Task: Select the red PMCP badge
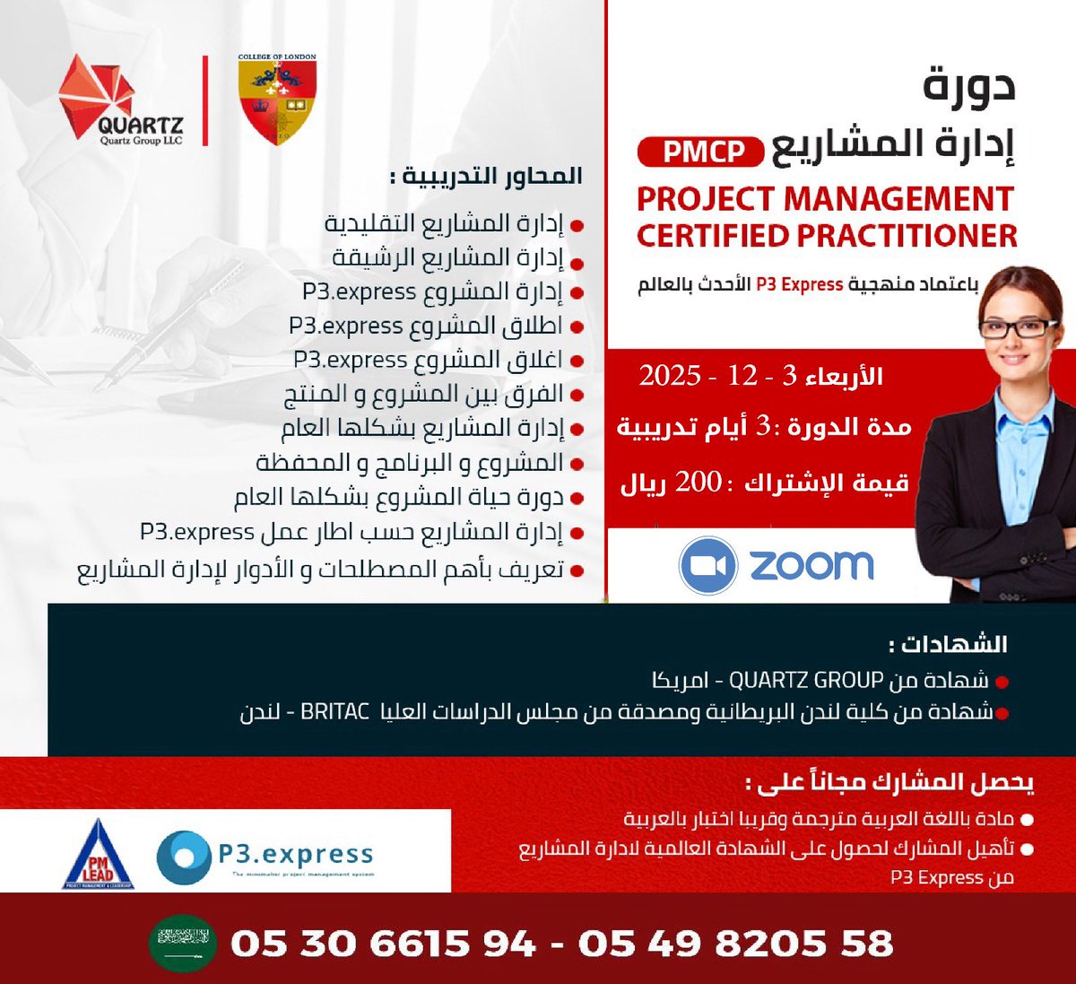703,152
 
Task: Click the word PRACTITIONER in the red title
907,236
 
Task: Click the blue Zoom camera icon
707,566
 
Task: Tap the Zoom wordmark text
811,565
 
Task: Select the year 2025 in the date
670,376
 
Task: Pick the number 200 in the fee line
698,483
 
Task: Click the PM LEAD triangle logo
98,856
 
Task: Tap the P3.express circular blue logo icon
185,857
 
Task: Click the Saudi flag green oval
182,943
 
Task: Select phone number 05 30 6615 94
383,944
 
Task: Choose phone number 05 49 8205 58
735,944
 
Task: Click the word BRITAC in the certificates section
334,712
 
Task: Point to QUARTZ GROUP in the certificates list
806,680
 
